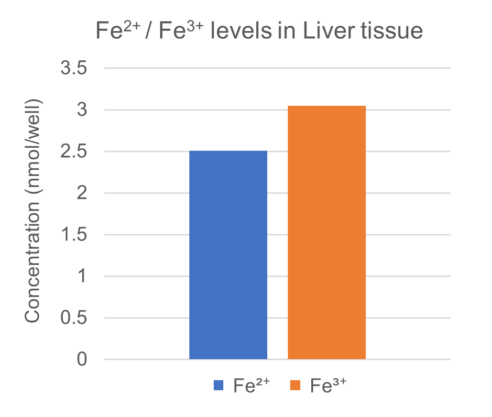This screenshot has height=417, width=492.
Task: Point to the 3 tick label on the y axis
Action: point(82,110)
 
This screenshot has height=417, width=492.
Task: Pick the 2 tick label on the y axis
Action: point(82,193)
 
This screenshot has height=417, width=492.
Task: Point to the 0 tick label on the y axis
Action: point(82,360)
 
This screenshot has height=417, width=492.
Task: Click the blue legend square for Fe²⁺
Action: point(219,385)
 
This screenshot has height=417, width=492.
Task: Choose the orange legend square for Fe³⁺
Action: point(295,385)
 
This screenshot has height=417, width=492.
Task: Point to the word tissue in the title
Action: point(389,32)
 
